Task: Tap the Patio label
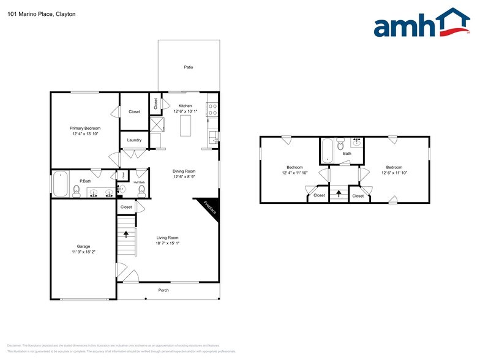(189, 67)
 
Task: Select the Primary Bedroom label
(85, 128)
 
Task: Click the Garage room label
(83, 247)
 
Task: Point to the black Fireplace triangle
(208, 208)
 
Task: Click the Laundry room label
(134, 140)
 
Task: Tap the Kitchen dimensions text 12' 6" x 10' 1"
(186, 111)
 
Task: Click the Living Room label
(167, 238)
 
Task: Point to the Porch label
(163, 290)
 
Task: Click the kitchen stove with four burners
(212, 110)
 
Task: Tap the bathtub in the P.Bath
(61, 183)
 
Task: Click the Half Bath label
(139, 182)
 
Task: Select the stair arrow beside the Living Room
(127, 233)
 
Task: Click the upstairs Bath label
(347, 154)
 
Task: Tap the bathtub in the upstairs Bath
(328, 150)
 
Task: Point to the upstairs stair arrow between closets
(338, 194)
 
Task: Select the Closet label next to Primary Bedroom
(134, 111)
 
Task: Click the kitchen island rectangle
(186, 126)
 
